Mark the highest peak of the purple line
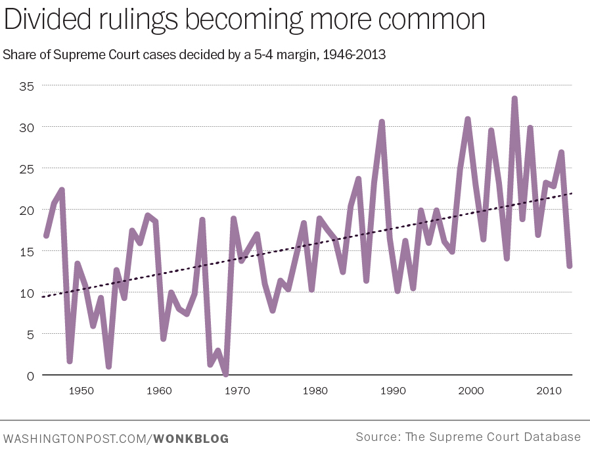pyautogui.click(x=514, y=99)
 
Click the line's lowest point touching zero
pyautogui.click(x=225, y=375)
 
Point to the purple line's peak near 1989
pyautogui.click(x=382, y=122)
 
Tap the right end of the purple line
pyautogui.click(x=570, y=265)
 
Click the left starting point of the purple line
pyautogui.click(x=45, y=235)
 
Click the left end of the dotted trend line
pyautogui.click(x=42, y=297)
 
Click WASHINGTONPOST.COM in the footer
pyautogui.click(x=76, y=438)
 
